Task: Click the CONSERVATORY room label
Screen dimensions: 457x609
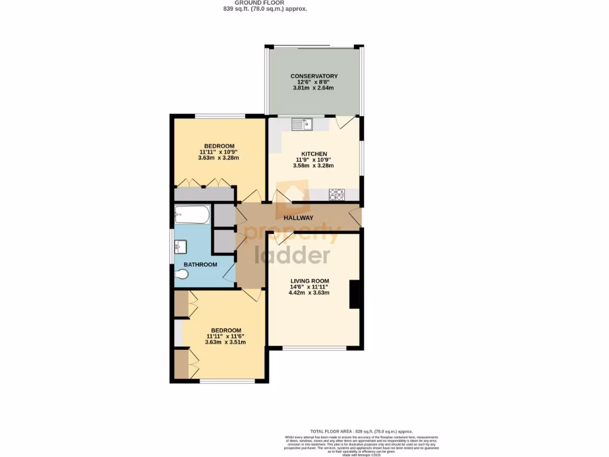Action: (x=313, y=76)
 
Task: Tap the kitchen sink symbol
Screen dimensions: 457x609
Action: (x=302, y=124)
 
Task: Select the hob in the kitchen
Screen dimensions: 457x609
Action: (x=337, y=194)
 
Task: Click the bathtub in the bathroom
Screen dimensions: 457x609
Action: (x=192, y=215)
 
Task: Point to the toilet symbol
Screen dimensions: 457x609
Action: (x=183, y=274)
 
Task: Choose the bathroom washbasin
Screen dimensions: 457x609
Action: (x=180, y=246)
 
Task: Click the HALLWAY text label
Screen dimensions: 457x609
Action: (x=298, y=218)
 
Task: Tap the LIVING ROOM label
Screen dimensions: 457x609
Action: (x=309, y=281)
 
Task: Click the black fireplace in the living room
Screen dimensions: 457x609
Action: (x=354, y=294)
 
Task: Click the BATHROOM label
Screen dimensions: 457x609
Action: (x=200, y=265)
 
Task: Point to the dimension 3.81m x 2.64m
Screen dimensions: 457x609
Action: (x=313, y=88)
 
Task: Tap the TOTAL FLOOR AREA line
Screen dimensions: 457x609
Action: (x=361, y=431)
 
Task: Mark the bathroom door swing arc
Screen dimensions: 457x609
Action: (x=228, y=273)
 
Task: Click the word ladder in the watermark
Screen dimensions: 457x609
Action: (x=292, y=255)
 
